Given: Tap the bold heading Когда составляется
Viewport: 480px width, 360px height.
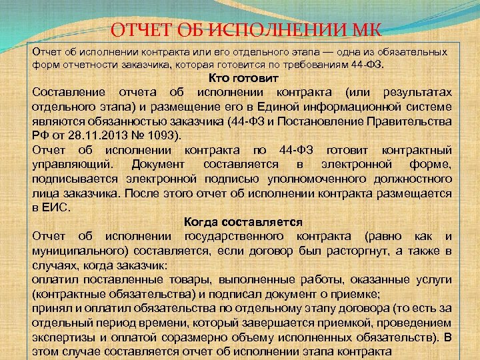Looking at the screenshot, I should pyautogui.click(x=243, y=222).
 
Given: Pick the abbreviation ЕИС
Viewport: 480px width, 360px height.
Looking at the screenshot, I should pyautogui.click(x=57, y=207).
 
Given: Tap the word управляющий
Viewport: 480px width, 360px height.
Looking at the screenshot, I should pyautogui.click(x=72, y=164).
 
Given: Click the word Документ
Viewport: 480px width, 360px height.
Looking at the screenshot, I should pyautogui.click(x=159, y=164).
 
